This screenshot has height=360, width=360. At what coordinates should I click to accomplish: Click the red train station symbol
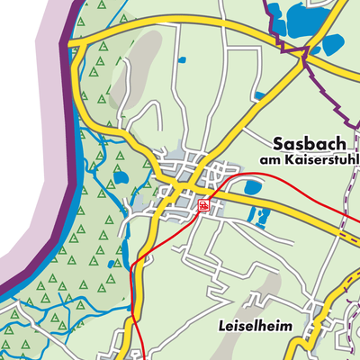(205, 206)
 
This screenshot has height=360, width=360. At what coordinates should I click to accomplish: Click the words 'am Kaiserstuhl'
(309, 160)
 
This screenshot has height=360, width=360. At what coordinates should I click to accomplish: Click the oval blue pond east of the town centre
(252, 187)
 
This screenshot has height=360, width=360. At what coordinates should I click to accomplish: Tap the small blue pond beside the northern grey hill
(182, 60)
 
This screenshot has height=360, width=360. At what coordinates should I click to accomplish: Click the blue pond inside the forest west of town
(120, 177)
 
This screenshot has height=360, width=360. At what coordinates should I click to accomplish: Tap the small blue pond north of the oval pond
(259, 95)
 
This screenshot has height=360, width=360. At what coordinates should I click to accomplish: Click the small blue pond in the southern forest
(110, 265)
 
